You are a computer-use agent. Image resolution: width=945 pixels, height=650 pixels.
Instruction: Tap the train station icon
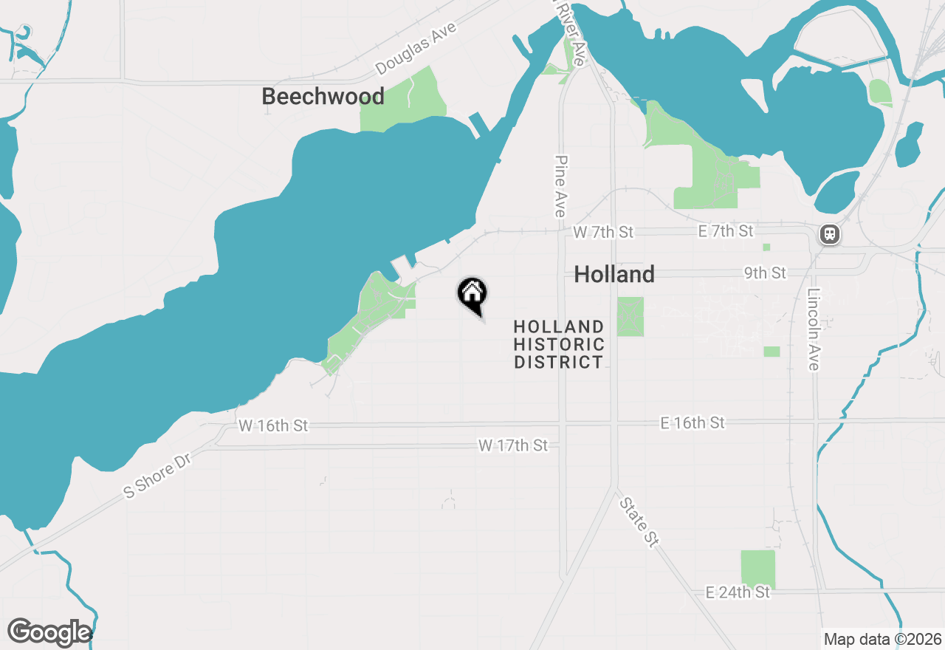coord(830,235)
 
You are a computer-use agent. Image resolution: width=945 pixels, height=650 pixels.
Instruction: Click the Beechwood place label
coord(323,97)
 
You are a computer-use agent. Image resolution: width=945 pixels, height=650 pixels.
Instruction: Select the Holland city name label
coord(614,275)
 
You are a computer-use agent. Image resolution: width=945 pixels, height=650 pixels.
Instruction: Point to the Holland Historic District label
coord(559,344)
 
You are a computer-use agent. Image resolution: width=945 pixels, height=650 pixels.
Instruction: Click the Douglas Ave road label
coord(416,49)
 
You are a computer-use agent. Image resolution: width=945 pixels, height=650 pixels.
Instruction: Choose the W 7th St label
coord(603,232)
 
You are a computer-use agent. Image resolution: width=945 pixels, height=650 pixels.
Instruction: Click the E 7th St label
coord(726,232)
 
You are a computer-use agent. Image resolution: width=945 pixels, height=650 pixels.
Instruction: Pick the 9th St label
coord(765,273)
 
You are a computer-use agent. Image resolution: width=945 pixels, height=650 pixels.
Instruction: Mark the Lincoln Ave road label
coord(814,329)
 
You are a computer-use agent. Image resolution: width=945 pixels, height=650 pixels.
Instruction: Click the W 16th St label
coord(273,426)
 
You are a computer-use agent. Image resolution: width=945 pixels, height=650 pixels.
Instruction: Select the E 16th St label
coord(693,422)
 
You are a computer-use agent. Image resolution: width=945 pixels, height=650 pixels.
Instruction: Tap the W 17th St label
coord(513,445)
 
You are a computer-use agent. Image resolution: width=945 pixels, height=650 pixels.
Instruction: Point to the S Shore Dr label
coord(157,477)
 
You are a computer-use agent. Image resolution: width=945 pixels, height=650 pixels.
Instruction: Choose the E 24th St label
coord(738,592)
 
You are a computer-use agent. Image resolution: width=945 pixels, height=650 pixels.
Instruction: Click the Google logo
coord(49,632)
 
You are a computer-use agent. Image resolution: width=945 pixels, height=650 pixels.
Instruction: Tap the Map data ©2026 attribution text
coord(882,639)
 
